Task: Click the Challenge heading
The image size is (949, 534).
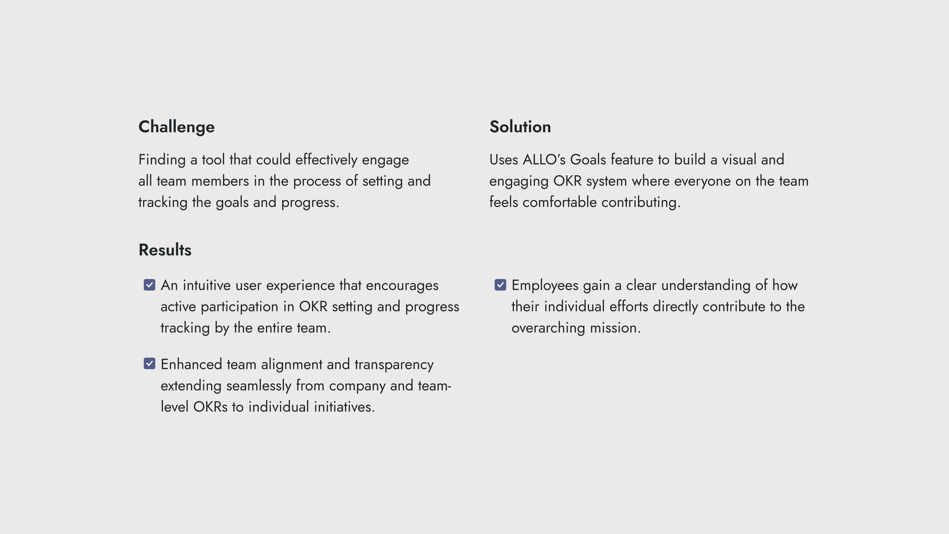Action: pos(177,127)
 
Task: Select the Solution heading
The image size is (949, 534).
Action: pos(520,127)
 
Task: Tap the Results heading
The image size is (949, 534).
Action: pos(165,250)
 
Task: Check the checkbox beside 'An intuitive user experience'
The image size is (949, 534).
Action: pos(149,285)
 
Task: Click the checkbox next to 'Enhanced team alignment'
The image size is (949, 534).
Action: pos(149,364)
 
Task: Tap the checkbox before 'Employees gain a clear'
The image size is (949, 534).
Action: pos(500,285)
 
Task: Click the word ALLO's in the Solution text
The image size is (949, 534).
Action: pos(544,159)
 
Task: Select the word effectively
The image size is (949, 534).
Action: pos(326,160)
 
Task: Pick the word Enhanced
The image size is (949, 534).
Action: pos(191,364)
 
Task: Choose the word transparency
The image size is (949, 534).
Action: pos(394,365)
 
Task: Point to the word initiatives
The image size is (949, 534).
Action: pos(344,407)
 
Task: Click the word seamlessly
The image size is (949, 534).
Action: pos(259,385)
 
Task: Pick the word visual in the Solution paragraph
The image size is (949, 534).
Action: pos(739,159)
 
